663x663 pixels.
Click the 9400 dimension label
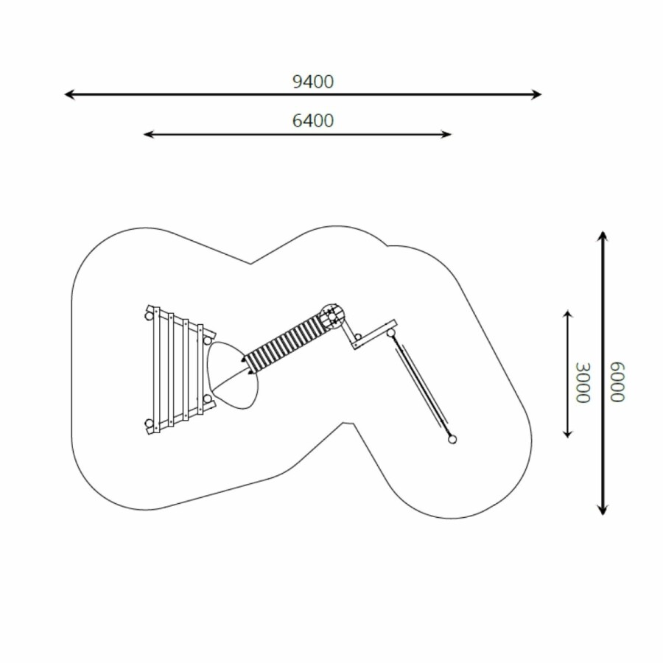click(313, 82)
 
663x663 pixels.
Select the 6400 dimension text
click(313, 121)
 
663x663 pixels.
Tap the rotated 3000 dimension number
click(583, 382)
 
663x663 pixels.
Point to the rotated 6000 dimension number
click(617, 382)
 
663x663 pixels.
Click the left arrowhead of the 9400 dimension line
click(69, 94)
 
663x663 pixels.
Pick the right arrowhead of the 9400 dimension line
click(536, 94)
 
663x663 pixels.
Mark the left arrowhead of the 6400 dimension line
click(147, 135)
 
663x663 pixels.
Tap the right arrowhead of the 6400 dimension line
click(447, 135)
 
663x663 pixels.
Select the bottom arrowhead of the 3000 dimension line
click(568, 433)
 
